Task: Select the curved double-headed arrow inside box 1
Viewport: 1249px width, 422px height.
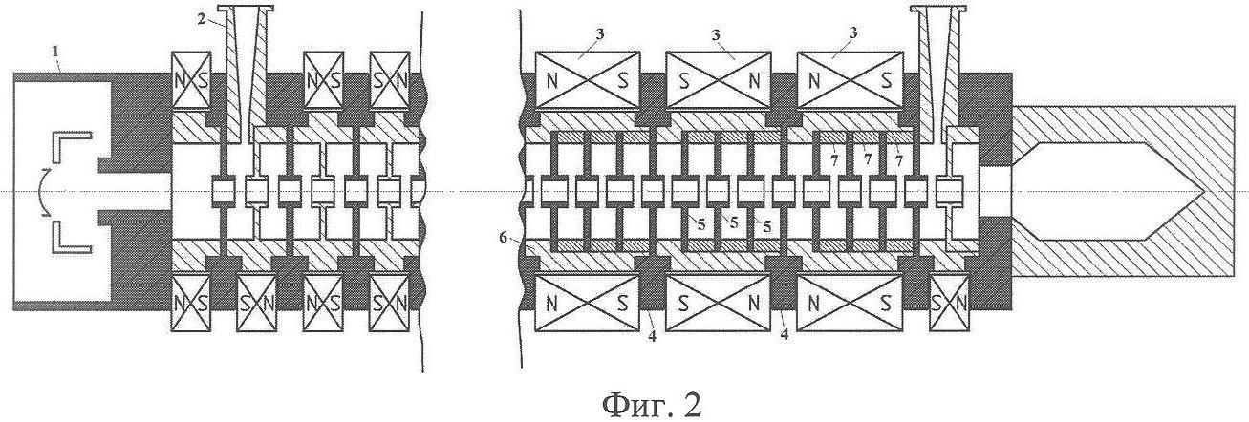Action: [x=40, y=192]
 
